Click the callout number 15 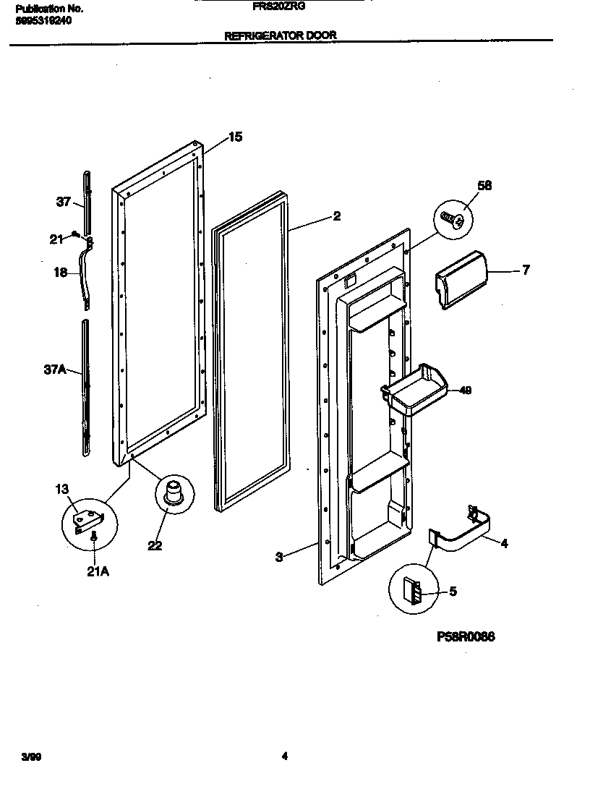coord(235,137)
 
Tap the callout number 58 coord(484,186)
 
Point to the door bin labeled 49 coord(413,391)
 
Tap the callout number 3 coord(278,556)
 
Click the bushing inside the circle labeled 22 coord(173,492)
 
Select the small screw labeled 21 coord(76,234)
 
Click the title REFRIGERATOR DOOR coord(281,35)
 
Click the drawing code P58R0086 coord(467,637)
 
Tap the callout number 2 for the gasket coord(336,216)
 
